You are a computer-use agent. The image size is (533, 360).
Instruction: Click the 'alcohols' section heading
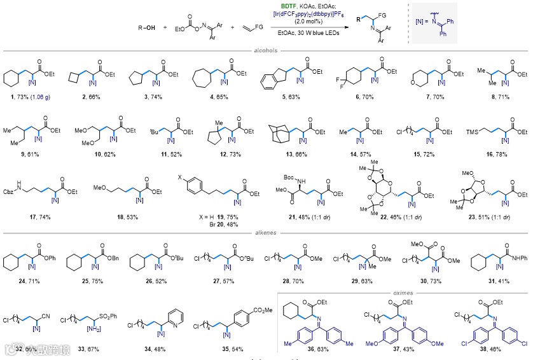click(266, 51)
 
